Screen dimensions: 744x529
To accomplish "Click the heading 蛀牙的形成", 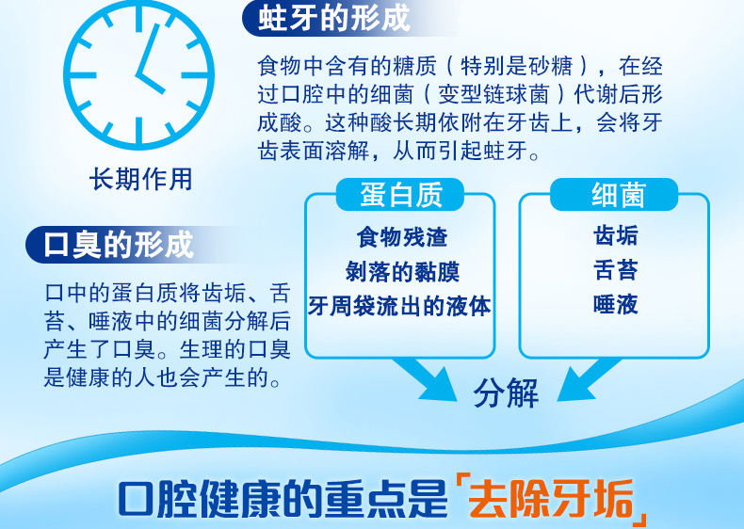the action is tap(334, 18).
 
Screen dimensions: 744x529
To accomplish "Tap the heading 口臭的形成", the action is tap(119, 245).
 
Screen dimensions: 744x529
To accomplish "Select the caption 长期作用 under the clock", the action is tap(141, 180).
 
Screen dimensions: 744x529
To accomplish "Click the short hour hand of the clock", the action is tap(150, 84).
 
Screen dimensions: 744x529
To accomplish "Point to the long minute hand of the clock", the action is tap(148, 49).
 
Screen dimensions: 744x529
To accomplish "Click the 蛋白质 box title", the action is tap(401, 195).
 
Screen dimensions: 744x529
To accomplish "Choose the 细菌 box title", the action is tap(618, 195).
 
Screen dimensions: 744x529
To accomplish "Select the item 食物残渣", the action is tap(402, 237).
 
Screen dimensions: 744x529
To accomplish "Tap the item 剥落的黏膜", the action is tap(402, 271).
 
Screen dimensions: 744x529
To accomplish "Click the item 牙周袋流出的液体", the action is tap(399, 306).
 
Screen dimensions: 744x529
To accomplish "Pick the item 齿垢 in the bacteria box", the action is tap(615, 236).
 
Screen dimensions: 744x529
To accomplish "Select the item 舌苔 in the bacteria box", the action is tap(615, 270).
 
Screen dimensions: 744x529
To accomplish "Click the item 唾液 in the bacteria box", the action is tap(615, 305).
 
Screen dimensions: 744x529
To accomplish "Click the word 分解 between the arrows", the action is tap(506, 393).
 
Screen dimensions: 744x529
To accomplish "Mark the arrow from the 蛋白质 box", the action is tap(425, 379).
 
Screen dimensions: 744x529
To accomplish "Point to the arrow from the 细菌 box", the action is tap(589, 379).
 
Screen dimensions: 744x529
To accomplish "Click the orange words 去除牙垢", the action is tap(550, 499).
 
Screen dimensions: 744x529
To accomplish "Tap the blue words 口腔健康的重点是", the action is tap(283, 499).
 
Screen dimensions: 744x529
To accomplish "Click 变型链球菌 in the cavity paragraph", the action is tap(493, 94).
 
